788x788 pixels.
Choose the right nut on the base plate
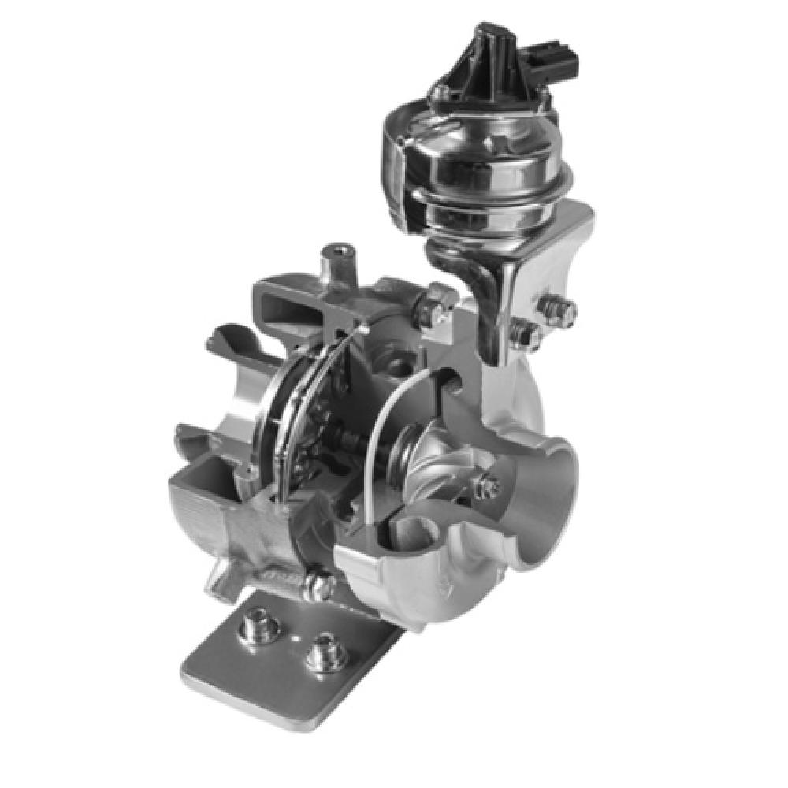tap(322, 653)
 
